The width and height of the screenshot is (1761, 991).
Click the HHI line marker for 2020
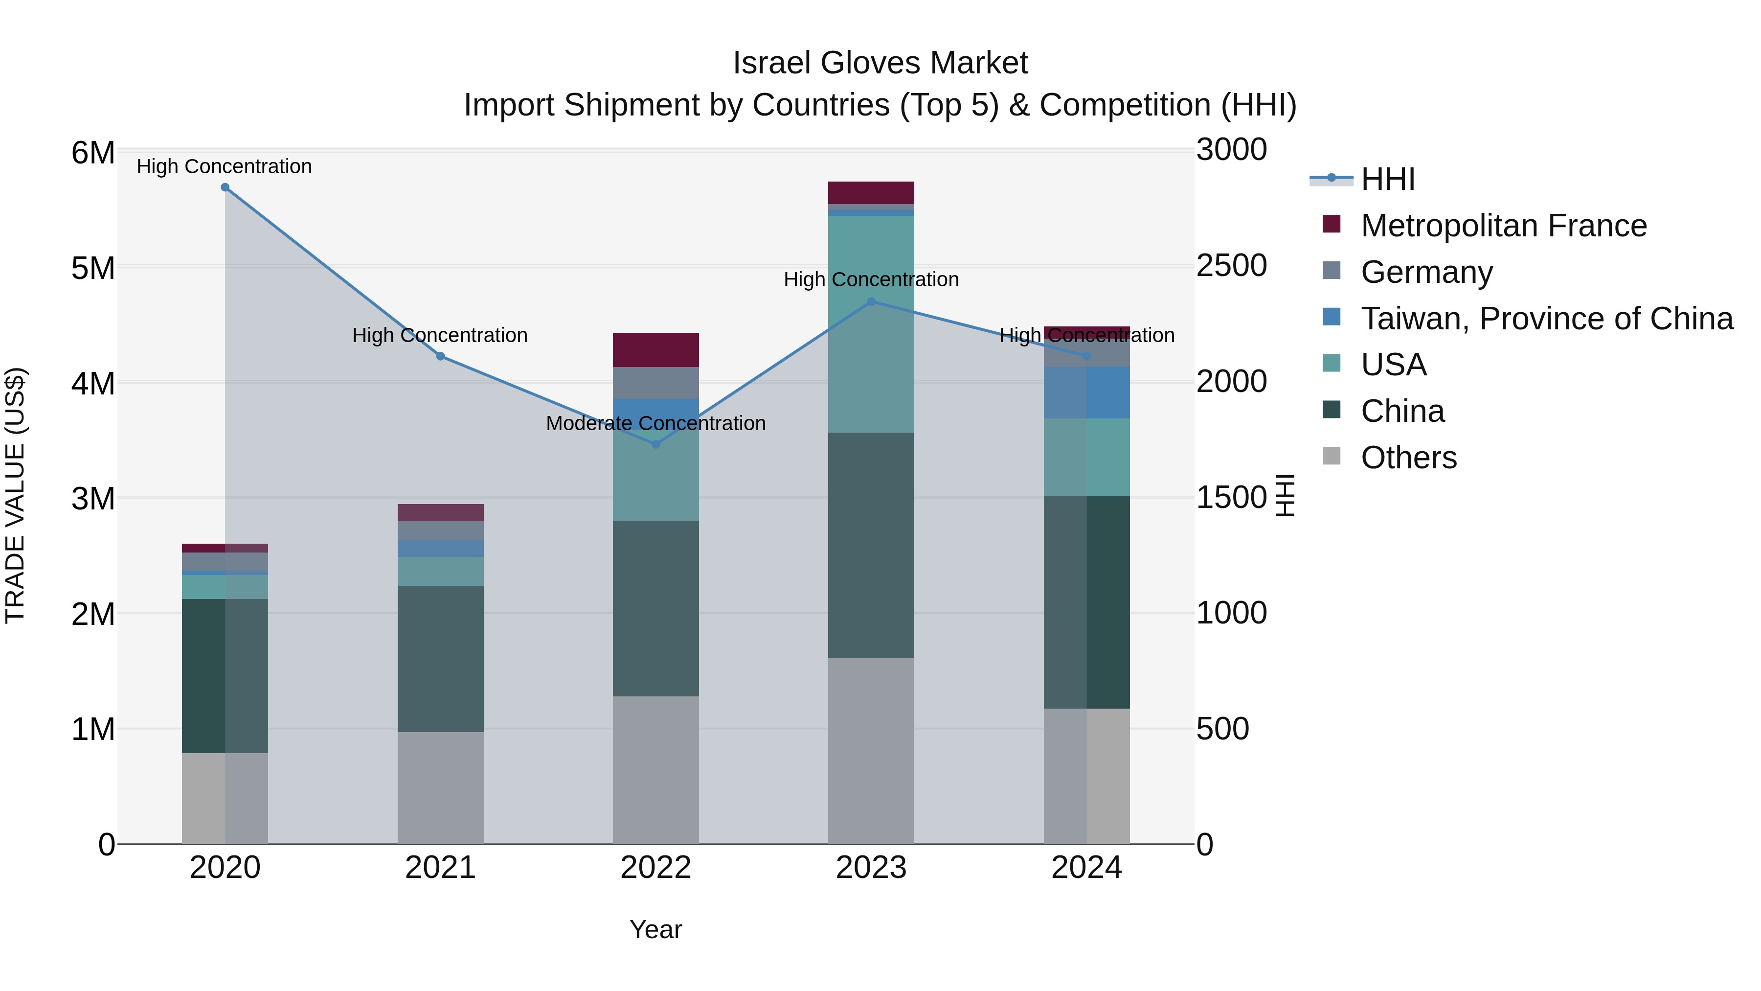(225, 187)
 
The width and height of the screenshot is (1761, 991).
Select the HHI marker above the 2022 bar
(655, 444)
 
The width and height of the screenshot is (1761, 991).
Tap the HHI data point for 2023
(871, 301)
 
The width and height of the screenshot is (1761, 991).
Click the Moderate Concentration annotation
(655, 423)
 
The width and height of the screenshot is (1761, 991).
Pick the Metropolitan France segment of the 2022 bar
(655, 350)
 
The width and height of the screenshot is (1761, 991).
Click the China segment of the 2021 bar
(440, 659)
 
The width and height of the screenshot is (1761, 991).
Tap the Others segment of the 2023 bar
(871, 750)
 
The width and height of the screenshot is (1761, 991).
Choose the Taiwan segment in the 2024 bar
(1086, 392)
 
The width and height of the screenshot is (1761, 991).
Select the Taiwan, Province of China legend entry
(1546, 319)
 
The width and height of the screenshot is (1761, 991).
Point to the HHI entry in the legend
(1387, 179)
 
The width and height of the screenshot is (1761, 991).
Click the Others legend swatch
(1331, 456)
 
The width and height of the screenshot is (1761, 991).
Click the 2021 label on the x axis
(440, 868)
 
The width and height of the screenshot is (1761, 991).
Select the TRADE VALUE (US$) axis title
(15, 495)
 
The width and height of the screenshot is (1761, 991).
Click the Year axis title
(655, 929)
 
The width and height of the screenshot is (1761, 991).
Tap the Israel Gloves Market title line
(880, 63)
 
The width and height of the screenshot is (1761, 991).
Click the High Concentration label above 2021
(440, 335)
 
